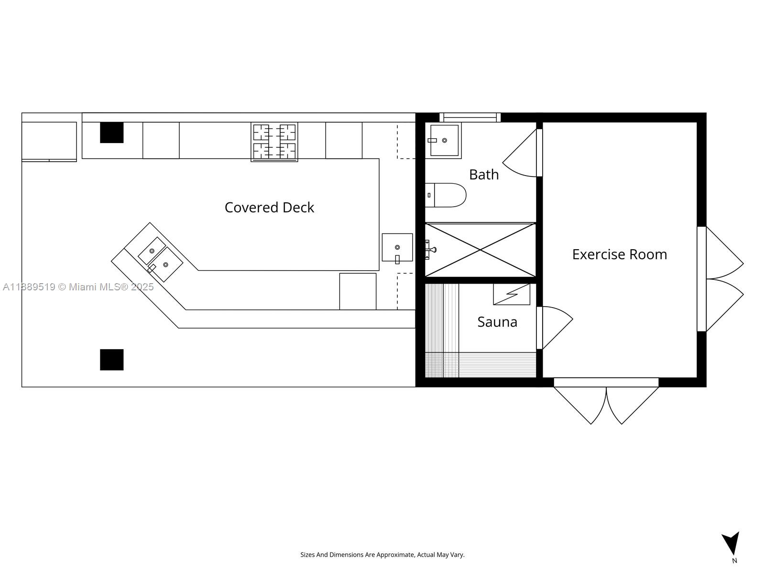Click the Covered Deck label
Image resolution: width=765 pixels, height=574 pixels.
click(269, 208)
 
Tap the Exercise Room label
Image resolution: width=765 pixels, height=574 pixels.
click(619, 254)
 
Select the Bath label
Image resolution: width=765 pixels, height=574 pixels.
click(484, 175)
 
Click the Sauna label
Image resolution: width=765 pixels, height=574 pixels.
click(497, 322)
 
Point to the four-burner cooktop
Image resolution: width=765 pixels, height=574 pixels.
click(274, 142)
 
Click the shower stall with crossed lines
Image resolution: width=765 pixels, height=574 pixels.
click(480, 250)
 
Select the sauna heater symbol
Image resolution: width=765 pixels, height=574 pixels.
click(512, 294)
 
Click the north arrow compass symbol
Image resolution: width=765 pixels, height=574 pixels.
click(732, 544)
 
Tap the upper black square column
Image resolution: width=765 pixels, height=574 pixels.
click(111, 132)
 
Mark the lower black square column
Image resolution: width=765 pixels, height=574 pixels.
click(111, 360)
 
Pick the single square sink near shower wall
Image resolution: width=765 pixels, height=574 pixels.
click(397, 247)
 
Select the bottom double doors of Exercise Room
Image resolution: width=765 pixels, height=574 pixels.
click(606, 402)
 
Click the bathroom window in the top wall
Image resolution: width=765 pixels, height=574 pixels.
click(470, 117)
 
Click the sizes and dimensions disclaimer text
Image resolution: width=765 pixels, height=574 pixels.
click(382, 555)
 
